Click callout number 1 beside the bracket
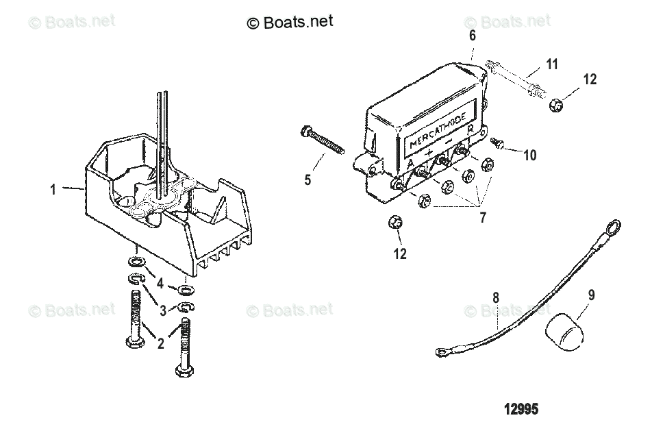point(53,190)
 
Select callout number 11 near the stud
point(551,64)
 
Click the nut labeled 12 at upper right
point(556,105)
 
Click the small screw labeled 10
point(498,143)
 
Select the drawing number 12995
point(521,409)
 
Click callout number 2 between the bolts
point(161,344)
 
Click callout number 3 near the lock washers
point(162,310)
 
